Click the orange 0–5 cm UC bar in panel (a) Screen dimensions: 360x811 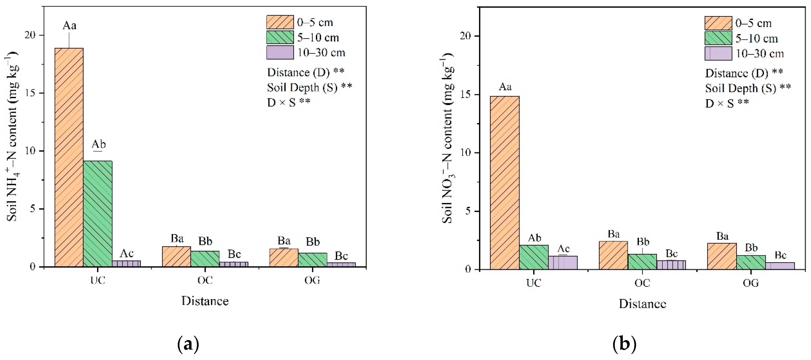(x=69, y=157)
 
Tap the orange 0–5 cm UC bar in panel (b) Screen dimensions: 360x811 (x=505, y=183)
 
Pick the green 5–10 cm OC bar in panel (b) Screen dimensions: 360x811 (x=642, y=262)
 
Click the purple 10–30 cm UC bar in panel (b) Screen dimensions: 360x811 (x=563, y=263)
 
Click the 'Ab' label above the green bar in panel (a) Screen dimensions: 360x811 (x=98, y=144)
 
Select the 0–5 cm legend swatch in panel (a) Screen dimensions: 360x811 (x=280, y=22)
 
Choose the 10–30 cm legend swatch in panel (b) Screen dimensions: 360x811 (x=718, y=54)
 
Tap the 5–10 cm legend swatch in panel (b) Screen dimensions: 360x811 (x=718, y=38)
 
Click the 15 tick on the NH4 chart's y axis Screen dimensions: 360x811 (x=30, y=93)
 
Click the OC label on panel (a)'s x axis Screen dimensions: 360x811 (x=205, y=280)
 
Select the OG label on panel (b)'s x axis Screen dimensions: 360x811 (x=751, y=283)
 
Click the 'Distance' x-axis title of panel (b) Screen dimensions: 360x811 (x=642, y=304)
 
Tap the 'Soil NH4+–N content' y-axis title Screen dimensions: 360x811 (x=12, y=139)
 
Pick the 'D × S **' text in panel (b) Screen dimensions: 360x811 (x=727, y=103)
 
